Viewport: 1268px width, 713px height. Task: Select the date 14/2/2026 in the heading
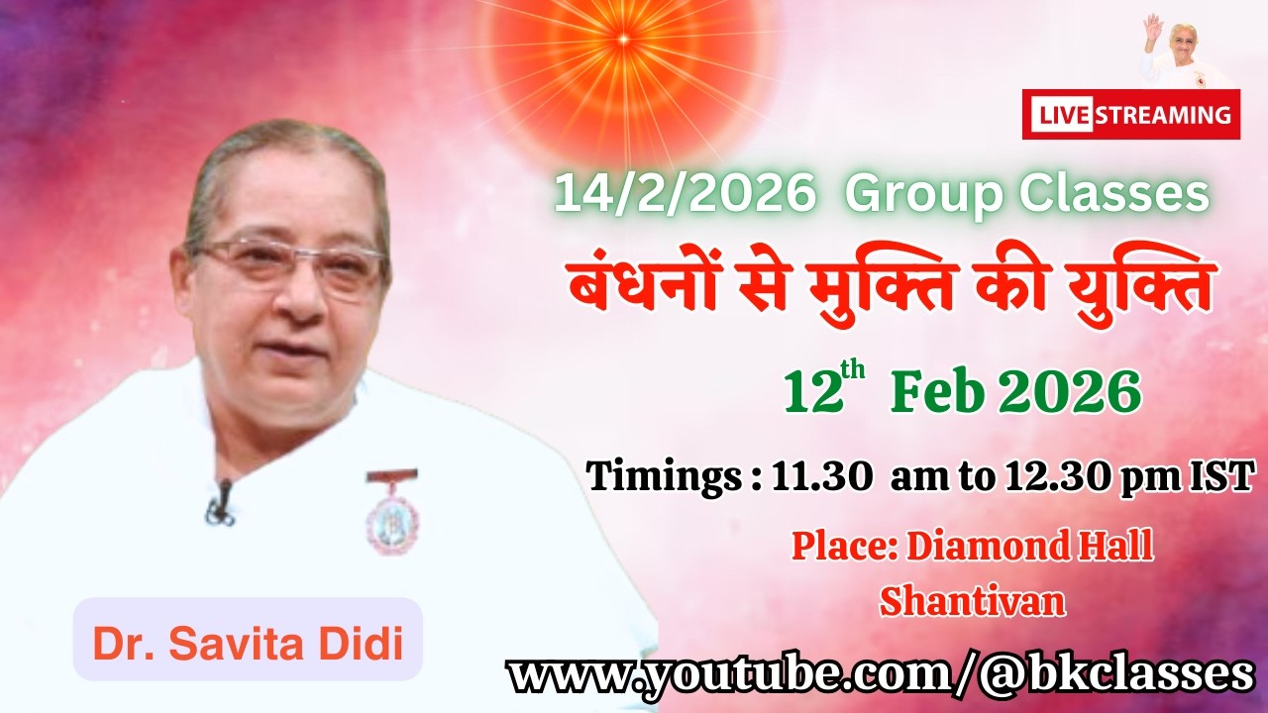point(683,194)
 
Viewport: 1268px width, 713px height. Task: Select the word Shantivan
point(972,601)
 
